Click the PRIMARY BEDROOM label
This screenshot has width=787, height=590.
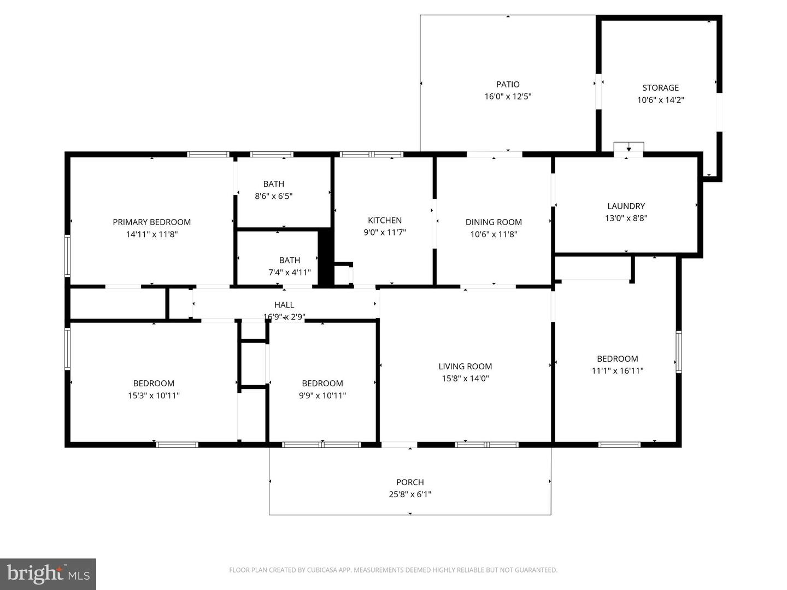pos(152,222)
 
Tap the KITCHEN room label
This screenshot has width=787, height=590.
pos(385,220)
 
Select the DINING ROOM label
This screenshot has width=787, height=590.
pos(494,222)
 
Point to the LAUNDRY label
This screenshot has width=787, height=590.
pos(626,206)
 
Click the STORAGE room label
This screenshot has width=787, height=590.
pos(660,88)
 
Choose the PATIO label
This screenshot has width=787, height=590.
pos(508,84)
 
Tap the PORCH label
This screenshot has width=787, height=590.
pos(410,482)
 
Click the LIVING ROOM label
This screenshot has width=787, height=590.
pos(465,366)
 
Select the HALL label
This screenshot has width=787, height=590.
pos(284,305)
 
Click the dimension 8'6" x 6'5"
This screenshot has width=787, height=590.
pos(274,196)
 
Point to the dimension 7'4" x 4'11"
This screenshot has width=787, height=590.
pos(290,272)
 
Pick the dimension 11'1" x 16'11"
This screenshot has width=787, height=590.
pos(618,371)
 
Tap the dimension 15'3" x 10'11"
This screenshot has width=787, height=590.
pos(154,396)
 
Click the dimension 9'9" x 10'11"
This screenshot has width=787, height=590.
pos(322,396)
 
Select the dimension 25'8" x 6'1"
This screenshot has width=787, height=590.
pos(410,494)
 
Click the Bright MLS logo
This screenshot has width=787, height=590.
pos(48,574)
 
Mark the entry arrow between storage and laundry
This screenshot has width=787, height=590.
pos(629,149)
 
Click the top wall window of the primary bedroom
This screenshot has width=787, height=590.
pos(208,155)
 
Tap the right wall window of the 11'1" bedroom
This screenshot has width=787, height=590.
pos(678,352)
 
